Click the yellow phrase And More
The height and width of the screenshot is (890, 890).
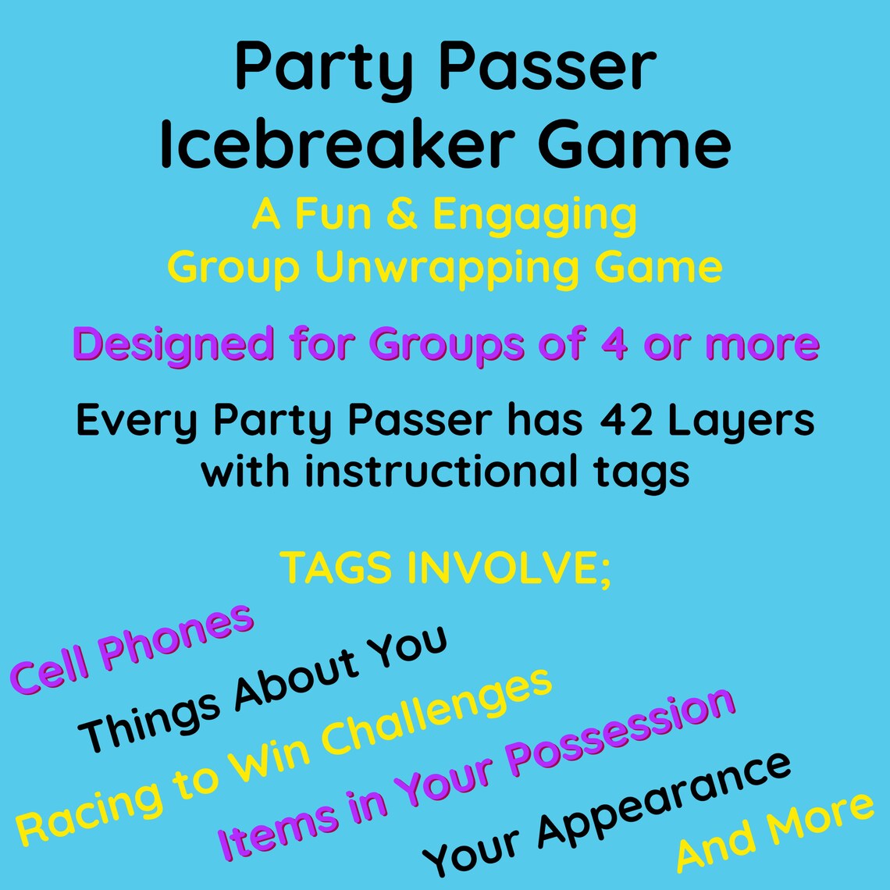774,832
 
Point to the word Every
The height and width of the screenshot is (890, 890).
137,422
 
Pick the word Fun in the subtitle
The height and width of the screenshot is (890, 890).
340,215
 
